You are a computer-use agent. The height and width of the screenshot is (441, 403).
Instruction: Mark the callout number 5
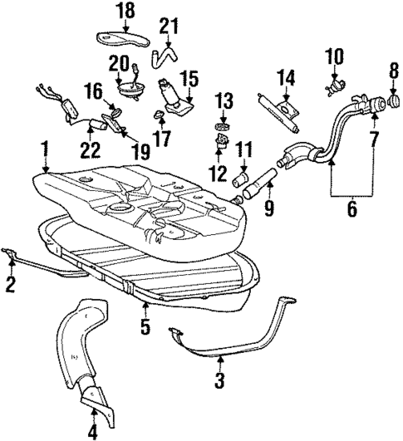pos(145,326)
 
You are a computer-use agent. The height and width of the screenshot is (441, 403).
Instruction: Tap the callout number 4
pos(92,430)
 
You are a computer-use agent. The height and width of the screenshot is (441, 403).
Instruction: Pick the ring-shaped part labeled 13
pos(221,126)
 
